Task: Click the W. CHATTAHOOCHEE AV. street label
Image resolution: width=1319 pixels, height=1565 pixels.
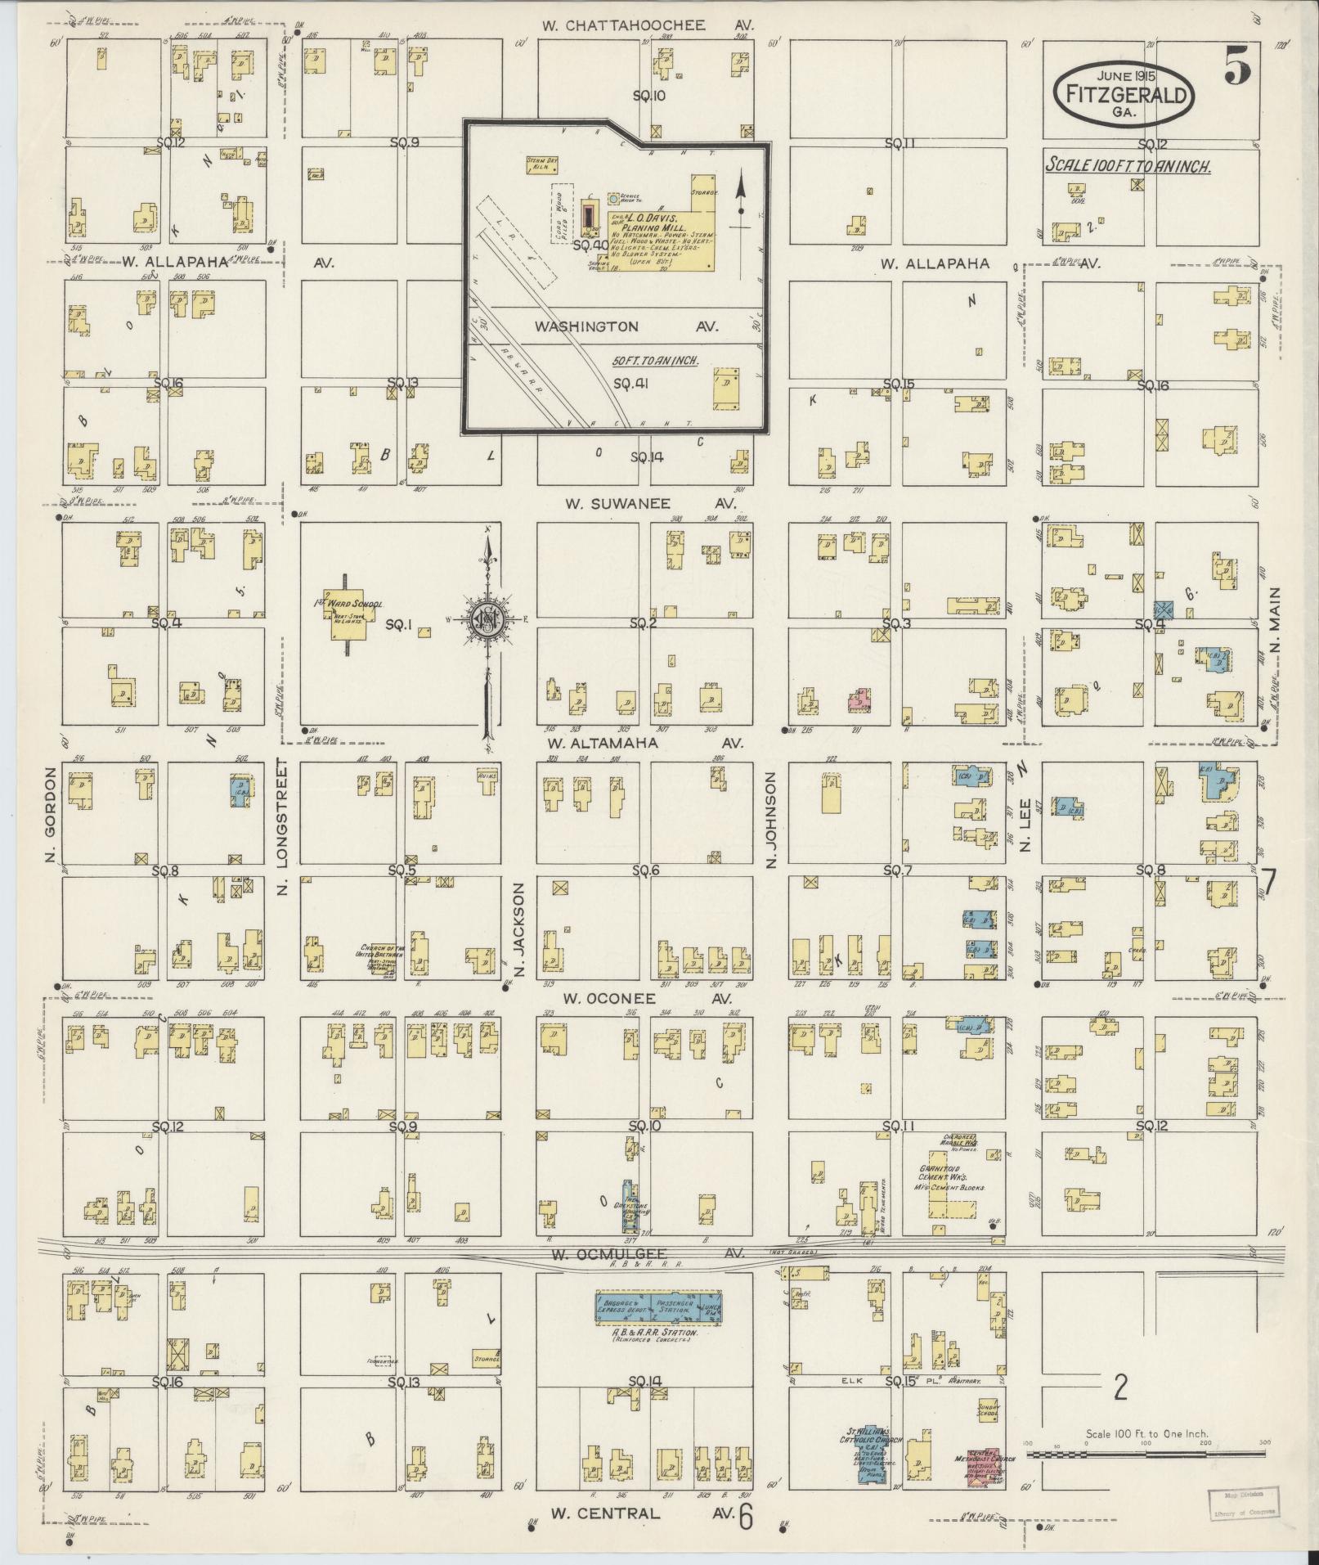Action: point(646,25)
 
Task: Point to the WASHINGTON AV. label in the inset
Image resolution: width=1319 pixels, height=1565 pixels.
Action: point(626,326)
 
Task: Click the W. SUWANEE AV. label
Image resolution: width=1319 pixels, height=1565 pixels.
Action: point(650,503)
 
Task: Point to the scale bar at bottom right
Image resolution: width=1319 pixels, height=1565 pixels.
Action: point(1145,1454)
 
